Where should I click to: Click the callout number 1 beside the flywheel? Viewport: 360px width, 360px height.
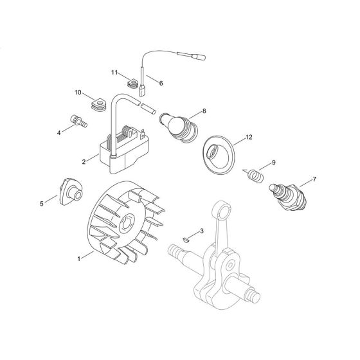coord(78,259)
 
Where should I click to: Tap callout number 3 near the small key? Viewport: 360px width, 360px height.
coord(201,230)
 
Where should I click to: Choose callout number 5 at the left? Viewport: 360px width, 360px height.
coord(42,203)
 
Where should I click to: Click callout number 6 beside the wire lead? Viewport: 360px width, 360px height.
coord(161,83)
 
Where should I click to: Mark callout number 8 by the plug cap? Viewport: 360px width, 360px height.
coord(204,111)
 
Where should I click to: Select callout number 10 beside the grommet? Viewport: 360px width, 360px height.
coord(78,93)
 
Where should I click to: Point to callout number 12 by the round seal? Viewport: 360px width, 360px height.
coord(249,138)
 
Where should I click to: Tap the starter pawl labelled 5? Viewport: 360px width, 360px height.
coord(70,191)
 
